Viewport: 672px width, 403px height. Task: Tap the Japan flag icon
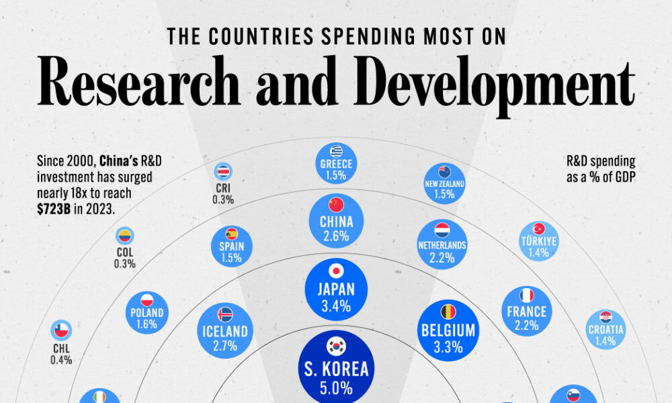(335, 271)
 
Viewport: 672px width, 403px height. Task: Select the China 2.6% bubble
(335, 225)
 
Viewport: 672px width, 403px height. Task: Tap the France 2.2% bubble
(527, 312)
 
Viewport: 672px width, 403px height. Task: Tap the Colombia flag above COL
(124, 236)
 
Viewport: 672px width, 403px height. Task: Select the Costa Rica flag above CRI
(222, 171)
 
